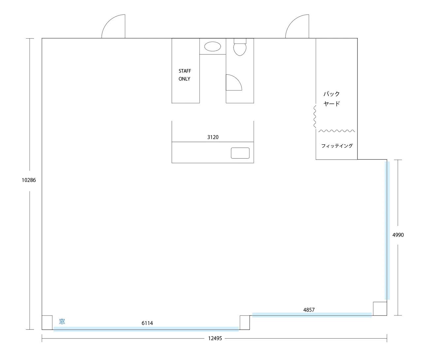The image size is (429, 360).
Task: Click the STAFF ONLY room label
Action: (184, 75)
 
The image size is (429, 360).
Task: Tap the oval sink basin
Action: (213, 47)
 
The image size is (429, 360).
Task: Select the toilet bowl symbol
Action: (240, 47)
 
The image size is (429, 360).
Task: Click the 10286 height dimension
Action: (29, 180)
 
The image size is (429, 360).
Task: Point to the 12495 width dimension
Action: (215, 338)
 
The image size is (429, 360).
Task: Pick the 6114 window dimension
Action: (147, 323)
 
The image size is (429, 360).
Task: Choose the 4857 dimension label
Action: (309, 309)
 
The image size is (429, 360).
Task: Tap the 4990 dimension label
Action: (398, 235)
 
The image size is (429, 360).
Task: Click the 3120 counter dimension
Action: (213, 137)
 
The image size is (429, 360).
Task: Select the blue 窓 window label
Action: (62, 321)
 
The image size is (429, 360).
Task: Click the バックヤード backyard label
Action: (332, 99)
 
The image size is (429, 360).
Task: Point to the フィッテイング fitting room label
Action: (337, 146)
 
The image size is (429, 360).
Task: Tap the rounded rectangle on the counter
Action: (240, 153)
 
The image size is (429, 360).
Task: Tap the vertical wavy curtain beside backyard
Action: (314, 117)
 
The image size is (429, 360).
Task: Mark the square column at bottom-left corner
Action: (47, 323)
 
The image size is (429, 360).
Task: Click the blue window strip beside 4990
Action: (387, 231)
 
